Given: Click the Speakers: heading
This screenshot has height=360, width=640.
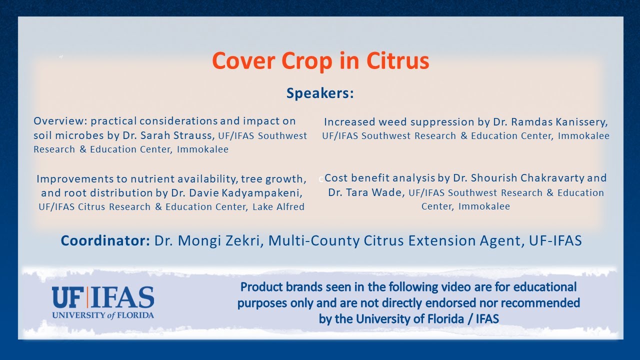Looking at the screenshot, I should point(320,93).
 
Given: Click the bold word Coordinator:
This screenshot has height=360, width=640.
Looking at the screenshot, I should point(105,241).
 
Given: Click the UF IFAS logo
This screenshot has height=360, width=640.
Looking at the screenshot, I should point(103,298).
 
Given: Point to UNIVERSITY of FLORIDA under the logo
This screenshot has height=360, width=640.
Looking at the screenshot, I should point(103,315).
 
